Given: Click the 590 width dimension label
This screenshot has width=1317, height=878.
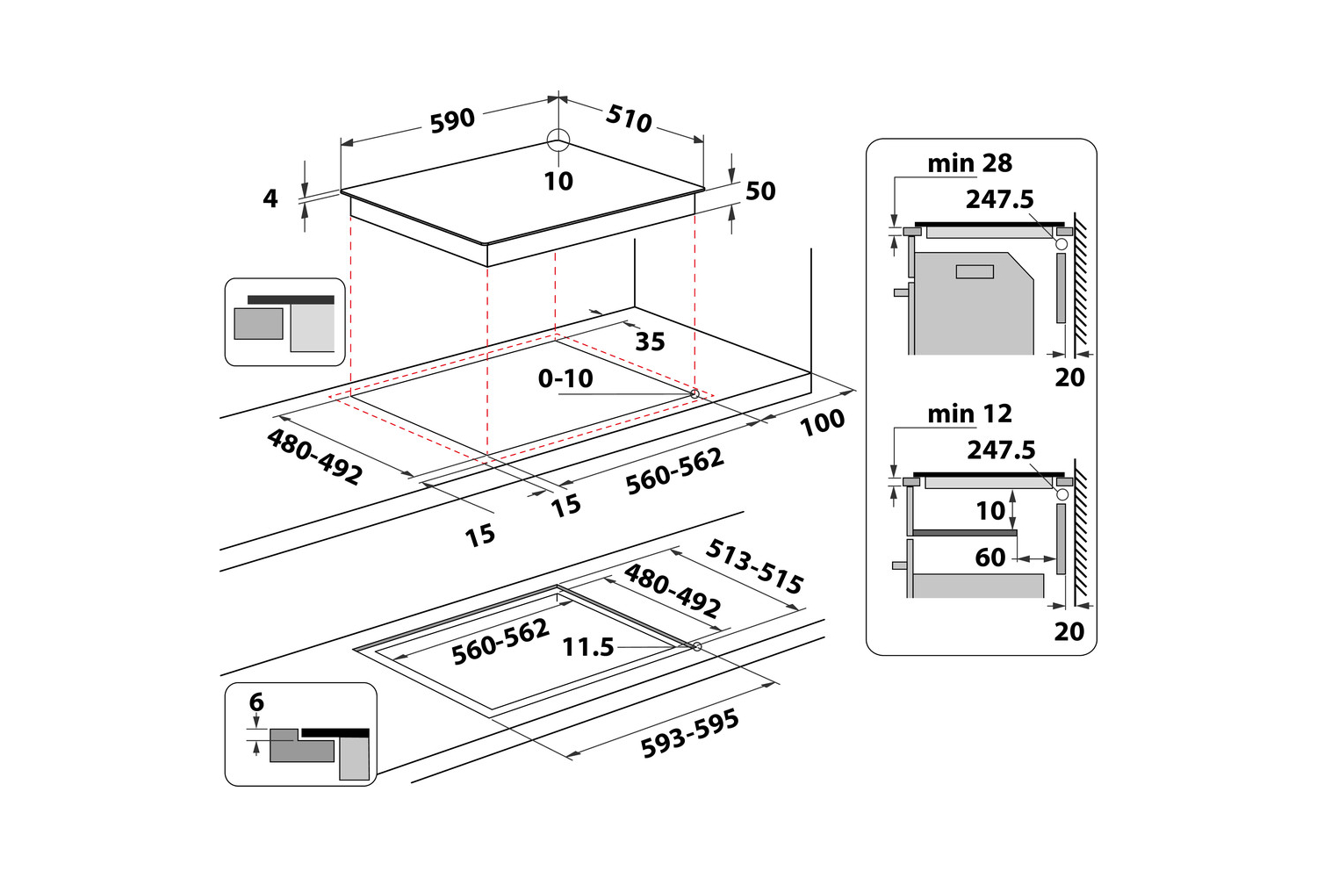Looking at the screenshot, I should pyautogui.click(x=452, y=120).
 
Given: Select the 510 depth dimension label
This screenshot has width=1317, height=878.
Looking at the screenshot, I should pyautogui.click(x=629, y=118).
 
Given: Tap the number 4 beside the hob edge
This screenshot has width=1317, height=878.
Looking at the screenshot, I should pyautogui.click(x=270, y=198).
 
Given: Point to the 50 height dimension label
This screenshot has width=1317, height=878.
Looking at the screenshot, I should pyautogui.click(x=760, y=191).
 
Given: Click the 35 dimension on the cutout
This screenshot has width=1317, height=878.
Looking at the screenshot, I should pyautogui.click(x=650, y=342).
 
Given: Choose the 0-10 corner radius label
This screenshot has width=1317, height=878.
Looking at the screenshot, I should pyautogui.click(x=565, y=378).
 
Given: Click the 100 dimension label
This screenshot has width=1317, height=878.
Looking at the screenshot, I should pyautogui.click(x=822, y=422).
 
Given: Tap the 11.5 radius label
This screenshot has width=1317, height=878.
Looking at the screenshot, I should pyautogui.click(x=587, y=647).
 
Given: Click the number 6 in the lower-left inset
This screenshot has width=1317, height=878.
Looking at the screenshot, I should pyautogui.click(x=256, y=702).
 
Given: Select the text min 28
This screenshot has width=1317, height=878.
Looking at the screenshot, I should pyautogui.click(x=969, y=163).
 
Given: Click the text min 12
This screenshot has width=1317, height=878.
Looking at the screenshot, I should pyautogui.click(x=969, y=414).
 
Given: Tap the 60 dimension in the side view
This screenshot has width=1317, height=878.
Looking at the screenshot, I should pyautogui.click(x=990, y=558).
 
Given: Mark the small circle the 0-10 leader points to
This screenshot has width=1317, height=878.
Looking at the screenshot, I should pyautogui.click(x=694, y=393).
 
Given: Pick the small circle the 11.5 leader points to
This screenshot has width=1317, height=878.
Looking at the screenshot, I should pyautogui.click(x=697, y=647).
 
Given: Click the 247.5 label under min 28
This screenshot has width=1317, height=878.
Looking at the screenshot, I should pyautogui.click(x=1000, y=199).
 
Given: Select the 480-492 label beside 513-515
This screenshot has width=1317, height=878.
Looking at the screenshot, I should pyautogui.click(x=673, y=591).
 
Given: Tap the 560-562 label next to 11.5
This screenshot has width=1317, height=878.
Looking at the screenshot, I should pyautogui.click(x=500, y=642).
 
